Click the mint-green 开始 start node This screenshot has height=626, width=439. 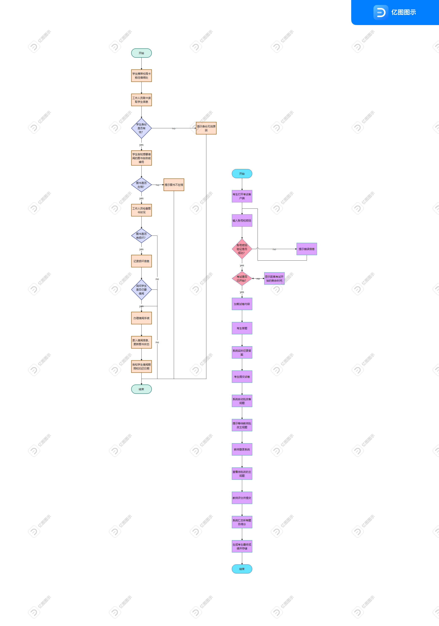[x=141, y=53]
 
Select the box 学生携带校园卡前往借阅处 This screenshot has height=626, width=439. [x=141, y=76]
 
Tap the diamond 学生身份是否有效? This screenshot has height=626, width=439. [x=141, y=128]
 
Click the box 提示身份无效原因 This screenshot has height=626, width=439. [x=206, y=128]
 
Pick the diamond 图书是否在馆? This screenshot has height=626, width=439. [x=141, y=185]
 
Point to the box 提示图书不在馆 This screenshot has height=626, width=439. [x=174, y=185]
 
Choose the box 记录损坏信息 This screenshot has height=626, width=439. [x=141, y=261]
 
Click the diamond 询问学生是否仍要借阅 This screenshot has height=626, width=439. [x=141, y=289]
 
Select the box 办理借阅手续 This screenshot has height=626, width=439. [x=141, y=318]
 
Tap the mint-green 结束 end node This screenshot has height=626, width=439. [x=141, y=389]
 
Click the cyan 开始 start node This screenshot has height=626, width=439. [x=242, y=174]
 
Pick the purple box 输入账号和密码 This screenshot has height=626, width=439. [x=242, y=221]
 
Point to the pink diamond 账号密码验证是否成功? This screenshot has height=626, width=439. [x=242, y=249]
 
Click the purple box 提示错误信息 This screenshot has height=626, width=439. [x=306, y=249]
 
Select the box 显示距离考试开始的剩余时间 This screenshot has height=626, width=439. [x=274, y=279]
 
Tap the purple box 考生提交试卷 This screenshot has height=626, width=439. [x=242, y=377]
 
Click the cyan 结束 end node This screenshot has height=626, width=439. [x=242, y=569]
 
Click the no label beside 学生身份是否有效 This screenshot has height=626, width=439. [x=174, y=128]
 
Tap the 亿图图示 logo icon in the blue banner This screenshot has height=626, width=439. [x=381, y=12]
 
